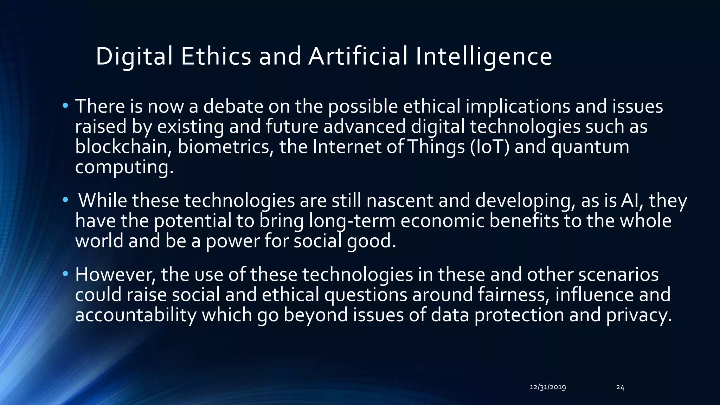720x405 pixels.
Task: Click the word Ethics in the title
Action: click(x=216, y=56)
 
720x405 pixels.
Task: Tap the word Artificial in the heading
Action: click(x=358, y=56)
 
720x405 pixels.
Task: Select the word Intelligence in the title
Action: click(x=483, y=56)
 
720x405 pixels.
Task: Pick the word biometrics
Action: click(x=225, y=147)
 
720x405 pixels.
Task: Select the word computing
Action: click(x=124, y=167)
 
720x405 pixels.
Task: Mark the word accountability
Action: click(x=136, y=315)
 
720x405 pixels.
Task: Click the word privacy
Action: click(x=639, y=315)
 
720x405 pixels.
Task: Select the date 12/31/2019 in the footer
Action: click(x=547, y=387)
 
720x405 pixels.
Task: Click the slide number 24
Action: click(x=620, y=387)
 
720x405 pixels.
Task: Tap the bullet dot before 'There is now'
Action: click(x=65, y=106)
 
